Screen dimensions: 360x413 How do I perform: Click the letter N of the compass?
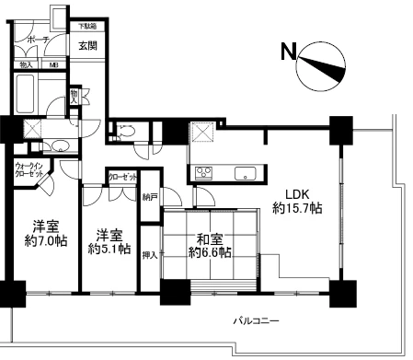point(288,53)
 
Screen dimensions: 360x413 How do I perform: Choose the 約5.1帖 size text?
point(109,249)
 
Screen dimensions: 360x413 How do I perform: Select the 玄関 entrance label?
point(87,45)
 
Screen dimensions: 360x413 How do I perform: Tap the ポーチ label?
point(37,41)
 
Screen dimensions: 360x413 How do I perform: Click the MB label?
point(53,64)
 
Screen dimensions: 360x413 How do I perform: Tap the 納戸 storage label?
point(150,196)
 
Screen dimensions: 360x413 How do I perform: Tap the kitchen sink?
point(247,172)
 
